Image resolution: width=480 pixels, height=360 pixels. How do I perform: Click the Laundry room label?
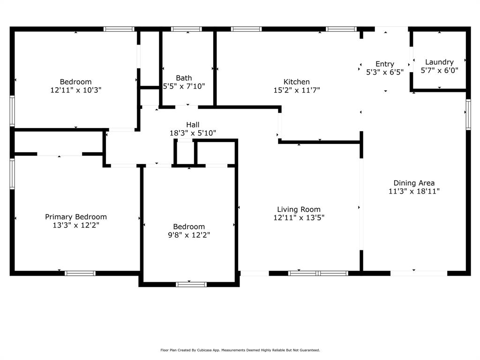[439, 62]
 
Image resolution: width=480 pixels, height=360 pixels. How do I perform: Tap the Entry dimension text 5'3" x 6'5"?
[384, 73]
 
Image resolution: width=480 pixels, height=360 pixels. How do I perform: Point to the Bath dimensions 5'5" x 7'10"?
[184, 86]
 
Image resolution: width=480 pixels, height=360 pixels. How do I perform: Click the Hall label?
[193, 124]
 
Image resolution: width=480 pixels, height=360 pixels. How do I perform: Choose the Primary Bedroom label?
[75, 217]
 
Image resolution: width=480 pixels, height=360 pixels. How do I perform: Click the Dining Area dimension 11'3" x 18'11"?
[414, 191]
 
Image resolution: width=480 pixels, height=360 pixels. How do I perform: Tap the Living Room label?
[299, 209]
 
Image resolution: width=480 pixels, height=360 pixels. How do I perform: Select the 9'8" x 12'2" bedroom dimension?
[189, 235]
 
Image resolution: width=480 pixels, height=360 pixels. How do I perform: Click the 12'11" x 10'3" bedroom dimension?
[75, 90]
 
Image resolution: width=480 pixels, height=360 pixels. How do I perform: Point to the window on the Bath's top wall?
[186, 29]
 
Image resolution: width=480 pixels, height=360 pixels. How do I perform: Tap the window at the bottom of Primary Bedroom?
[80, 273]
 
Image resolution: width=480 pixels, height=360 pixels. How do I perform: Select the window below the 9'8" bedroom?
[191, 284]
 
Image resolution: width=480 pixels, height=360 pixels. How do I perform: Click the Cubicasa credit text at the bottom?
[240, 350]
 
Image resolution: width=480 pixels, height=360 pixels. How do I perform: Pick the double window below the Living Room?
[318, 273]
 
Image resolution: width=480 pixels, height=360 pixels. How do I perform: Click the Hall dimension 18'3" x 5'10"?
[193, 133]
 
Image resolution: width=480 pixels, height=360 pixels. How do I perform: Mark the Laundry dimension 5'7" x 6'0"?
[439, 71]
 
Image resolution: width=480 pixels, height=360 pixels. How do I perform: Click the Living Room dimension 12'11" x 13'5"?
[299, 217]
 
